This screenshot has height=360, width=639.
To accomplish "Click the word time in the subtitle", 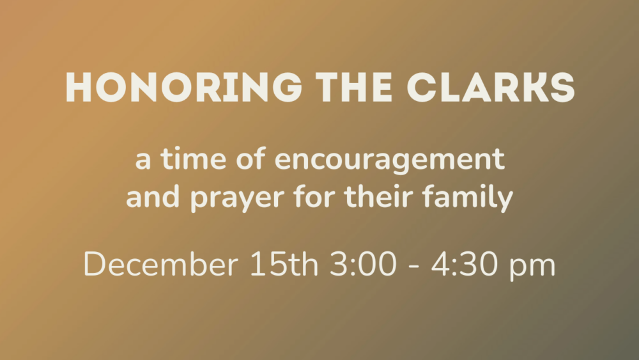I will pos(184,160).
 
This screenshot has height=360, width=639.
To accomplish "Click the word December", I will pos(160,265).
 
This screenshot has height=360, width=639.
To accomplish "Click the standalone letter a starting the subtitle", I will pos(143,162).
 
